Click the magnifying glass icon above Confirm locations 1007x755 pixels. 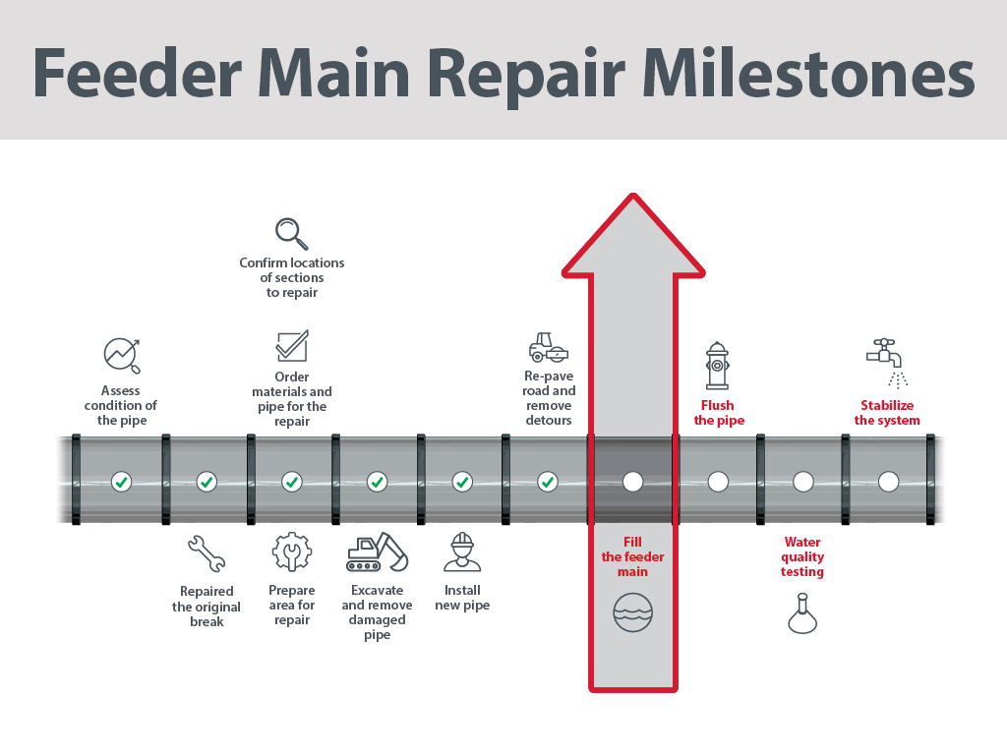pyautogui.click(x=291, y=234)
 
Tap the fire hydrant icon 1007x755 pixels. pyautogui.click(x=717, y=366)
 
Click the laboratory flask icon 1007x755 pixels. pyautogui.click(x=802, y=613)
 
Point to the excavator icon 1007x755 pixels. pyautogui.click(x=377, y=552)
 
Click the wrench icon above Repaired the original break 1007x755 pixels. pyautogui.click(x=207, y=553)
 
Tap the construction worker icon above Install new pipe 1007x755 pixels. pyautogui.click(x=462, y=552)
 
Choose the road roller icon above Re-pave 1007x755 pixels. pyautogui.click(x=549, y=347)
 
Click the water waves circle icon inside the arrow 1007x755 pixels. pyautogui.click(x=632, y=611)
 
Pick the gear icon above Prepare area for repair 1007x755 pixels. pyautogui.click(x=291, y=552)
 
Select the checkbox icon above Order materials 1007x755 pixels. pyautogui.click(x=292, y=346)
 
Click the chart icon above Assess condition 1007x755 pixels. pyautogui.click(x=122, y=355)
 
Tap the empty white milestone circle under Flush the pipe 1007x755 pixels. pyautogui.click(x=718, y=482)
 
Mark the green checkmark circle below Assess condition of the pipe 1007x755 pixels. pyautogui.click(x=121, y=482)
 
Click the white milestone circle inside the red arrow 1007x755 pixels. pyautogui.click(x=632, y=482)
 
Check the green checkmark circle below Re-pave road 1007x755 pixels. pyautogui.click(x=548, y=482)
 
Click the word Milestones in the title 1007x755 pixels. pyautogui.click(x=808, y=73)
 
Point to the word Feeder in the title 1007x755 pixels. pyautogui.click(x=138, y=73)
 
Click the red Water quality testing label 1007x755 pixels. pyautogui.click(x=802, y=556)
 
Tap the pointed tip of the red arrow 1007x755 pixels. pyautogui.click(x=633, y=195)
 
